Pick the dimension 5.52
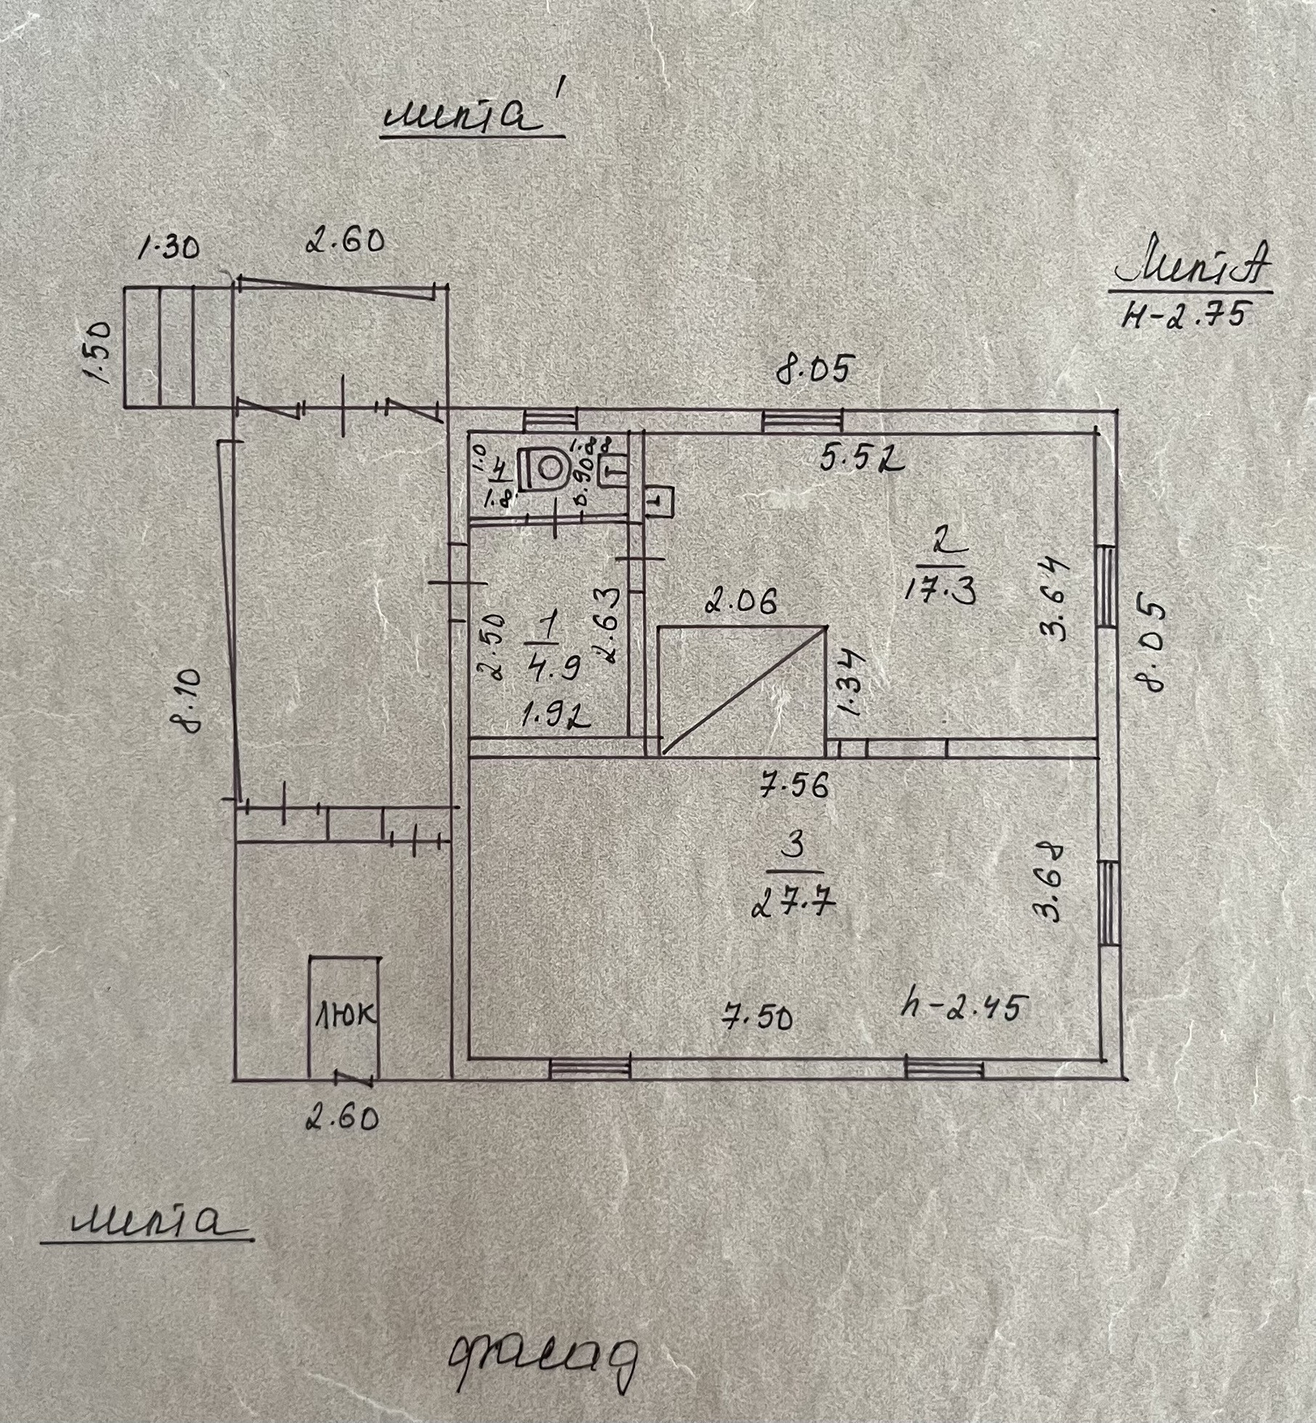click(863, 459)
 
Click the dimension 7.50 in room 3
click(757, 1018)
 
